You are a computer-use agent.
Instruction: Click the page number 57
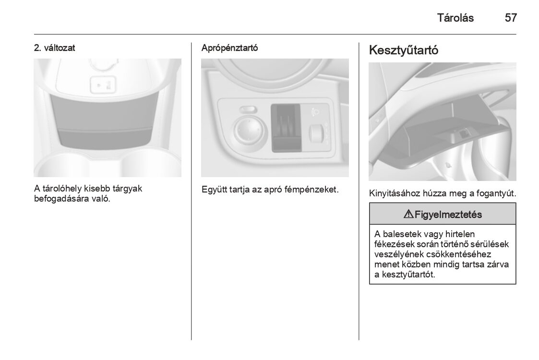(511, 18)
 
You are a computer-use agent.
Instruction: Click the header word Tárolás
(455, 18)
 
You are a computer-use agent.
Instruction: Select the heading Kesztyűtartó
(404, 50)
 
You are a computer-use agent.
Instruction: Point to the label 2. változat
(54, 48)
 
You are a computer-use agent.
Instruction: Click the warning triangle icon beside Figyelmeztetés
(408, 215)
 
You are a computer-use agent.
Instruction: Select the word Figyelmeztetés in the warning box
(448, 215)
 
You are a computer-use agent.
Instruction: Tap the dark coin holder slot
(286, 128)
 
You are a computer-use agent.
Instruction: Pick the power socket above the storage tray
(102, 85)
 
